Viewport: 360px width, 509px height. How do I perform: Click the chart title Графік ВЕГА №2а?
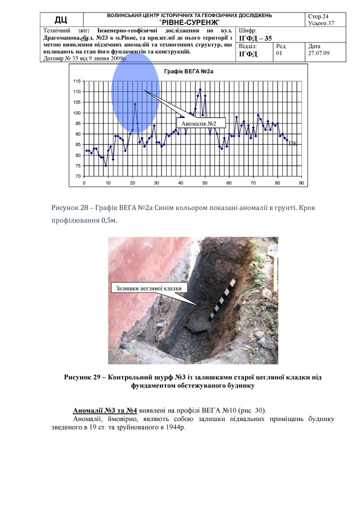tap(188, 72)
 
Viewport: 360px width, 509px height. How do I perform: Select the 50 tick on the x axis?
tap(204, 182)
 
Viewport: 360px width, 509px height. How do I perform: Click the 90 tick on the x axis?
tap(301, 182)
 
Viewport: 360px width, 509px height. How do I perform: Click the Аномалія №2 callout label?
tap(197, 123)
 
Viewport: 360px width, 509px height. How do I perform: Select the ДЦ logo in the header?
tap(61, 19)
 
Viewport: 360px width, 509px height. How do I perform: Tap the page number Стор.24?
tap(319, 16)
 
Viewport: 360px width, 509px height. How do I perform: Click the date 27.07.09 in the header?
tap(319, 53)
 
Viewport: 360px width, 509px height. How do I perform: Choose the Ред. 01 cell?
tap(282, 49)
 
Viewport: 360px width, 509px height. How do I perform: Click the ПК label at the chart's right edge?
tap(293, 143)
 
